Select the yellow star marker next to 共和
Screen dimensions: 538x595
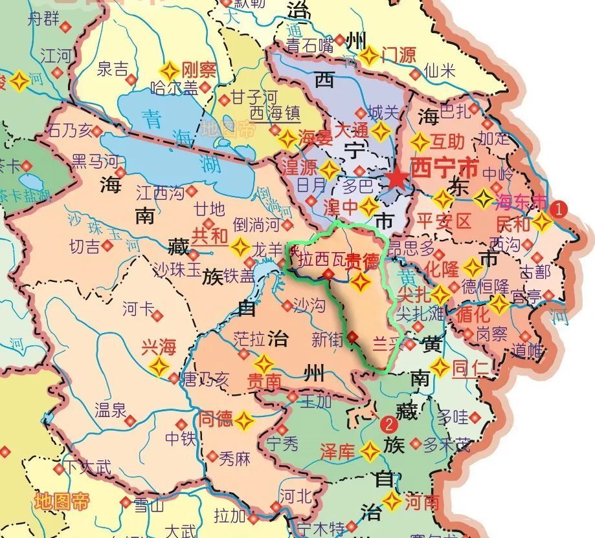point(240,246)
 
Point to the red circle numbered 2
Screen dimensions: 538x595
point(388,424)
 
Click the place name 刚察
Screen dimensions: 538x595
point(198,69)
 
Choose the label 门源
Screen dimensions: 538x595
point(398,55)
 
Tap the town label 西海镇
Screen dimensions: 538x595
point(275,114)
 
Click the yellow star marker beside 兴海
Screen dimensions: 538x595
point(159,367)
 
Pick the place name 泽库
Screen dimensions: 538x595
point(337,451)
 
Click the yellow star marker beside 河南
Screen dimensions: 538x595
point(392,501)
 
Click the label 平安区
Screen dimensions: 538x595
point(445,222)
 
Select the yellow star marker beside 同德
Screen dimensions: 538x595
point(244,420)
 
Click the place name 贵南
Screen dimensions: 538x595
point(264,382)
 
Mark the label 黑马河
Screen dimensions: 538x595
point(95,160)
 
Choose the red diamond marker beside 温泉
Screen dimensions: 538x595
point(130,420)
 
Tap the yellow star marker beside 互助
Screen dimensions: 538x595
point(420,142)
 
